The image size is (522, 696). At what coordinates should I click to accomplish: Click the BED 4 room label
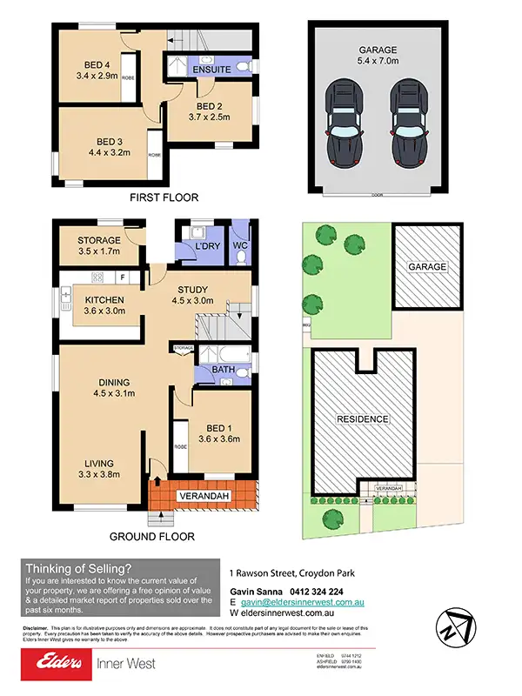point(97,64)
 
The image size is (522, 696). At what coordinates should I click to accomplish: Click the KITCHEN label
point(104,301)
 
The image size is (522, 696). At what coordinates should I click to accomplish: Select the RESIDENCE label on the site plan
point(363,418)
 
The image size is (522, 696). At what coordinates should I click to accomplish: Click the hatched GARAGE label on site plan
point(428,266)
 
